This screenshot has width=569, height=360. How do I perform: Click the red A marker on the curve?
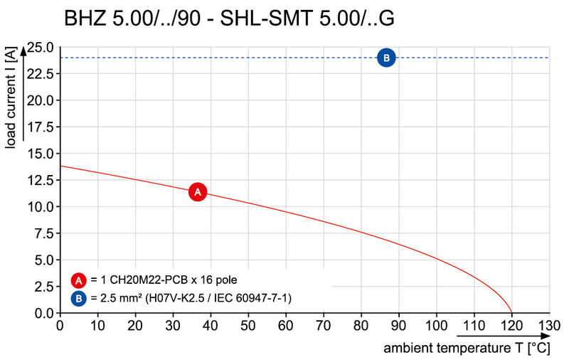pos(198,192)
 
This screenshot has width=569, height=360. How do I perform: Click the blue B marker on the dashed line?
pos(386,58)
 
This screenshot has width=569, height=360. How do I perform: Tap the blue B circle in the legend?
pos(79,297)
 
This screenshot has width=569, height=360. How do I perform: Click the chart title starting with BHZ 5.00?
pos(229,17)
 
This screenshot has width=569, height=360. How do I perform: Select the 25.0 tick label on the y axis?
pos(39,48)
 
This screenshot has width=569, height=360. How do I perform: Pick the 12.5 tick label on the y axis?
pos(39,181)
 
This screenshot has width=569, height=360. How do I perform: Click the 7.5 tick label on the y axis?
pos(42,233)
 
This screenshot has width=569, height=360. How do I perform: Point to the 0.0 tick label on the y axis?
pos(42,313)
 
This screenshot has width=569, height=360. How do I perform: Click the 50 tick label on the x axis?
pos(248,326)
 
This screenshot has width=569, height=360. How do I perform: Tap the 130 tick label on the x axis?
pos(549,326)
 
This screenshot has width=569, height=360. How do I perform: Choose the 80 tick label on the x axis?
pos(361,326)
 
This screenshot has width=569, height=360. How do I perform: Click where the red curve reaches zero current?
pos(511,312)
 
